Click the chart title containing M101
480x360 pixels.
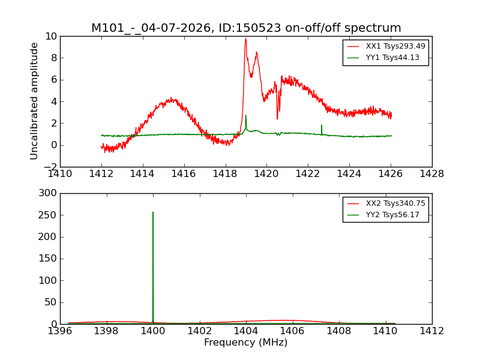tap(246, 28)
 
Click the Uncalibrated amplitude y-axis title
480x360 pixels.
tap(35, 101)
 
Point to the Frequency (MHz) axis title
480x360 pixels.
tap(245, 343)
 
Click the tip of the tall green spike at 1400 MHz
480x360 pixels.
tap(153, 212)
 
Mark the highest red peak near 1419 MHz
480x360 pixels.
tap(245, 38)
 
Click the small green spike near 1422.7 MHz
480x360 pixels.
tap(322, 125)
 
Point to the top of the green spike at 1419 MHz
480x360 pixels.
tap(245, 115)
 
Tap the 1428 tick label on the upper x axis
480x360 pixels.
tap(431, 174)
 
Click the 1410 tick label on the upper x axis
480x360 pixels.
tap(60, 174)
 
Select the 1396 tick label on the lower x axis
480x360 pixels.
tap(60, 331)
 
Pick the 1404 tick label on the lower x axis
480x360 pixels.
tap(246, 331)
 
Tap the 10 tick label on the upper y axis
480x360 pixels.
tap(50, 36)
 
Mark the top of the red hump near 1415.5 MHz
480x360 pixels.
tap(172, 98)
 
